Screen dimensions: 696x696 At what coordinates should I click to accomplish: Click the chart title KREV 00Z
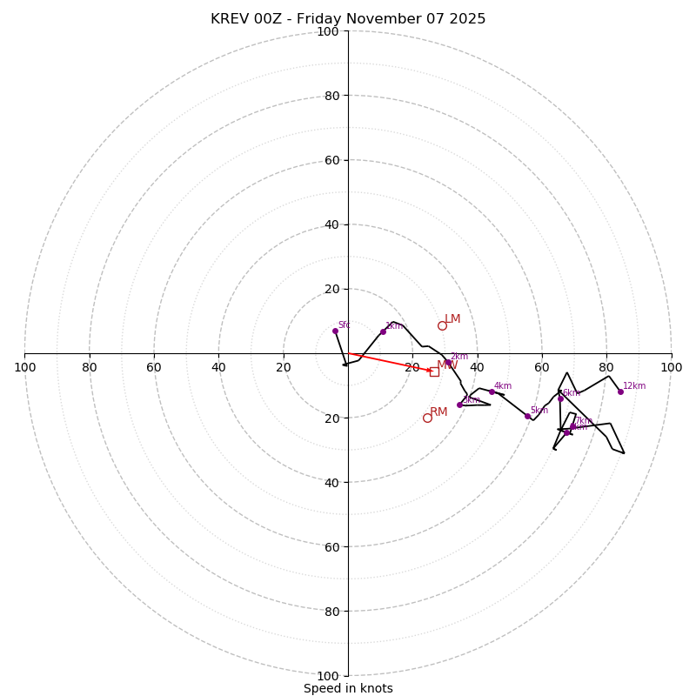tap(348, 19)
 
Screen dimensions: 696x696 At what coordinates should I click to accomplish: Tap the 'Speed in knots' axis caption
tap(348, 688)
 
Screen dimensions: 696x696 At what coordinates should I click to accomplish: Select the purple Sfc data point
tap(335, 331)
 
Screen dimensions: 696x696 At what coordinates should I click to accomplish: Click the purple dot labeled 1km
tap(383, 331)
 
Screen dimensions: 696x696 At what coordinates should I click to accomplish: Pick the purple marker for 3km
tap(460, 405)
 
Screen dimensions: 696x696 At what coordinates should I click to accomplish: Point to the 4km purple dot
tap(492, 391)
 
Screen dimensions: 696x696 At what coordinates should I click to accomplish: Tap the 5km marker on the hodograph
tap(527, 416)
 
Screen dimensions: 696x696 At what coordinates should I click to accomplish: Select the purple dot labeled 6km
tap(560, 398)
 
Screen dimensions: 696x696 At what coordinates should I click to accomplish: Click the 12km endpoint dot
tap(620, 391)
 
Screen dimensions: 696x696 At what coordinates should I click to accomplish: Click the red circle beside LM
tap(442, 325)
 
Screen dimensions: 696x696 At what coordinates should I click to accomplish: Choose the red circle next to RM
tap(427, 418)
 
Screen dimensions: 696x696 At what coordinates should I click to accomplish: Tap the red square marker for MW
tap(434, 371)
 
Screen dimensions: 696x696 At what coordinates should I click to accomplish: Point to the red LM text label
tap(452, 319)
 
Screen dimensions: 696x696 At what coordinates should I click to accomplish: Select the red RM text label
tap(438, 412)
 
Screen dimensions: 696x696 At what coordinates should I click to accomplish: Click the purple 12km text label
tap(634, 386)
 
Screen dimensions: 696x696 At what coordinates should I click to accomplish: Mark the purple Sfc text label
tap(344, 325)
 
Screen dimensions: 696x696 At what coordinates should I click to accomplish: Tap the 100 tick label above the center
tap(328, 31)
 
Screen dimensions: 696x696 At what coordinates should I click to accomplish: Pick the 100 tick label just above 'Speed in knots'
tap(328, 675)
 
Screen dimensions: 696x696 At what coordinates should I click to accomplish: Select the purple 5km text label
tap(539, 411)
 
